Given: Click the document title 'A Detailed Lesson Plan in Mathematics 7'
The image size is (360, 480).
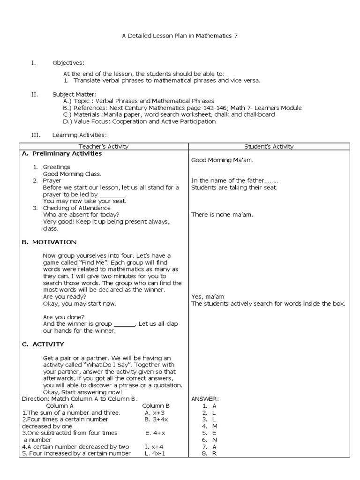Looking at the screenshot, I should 180,36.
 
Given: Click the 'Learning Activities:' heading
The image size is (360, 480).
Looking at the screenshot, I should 76,135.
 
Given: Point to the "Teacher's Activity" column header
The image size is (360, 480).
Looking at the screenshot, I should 104,147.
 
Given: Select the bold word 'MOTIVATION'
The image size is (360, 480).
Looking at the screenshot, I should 54,242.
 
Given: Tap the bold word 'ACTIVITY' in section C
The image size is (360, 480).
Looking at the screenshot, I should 48,344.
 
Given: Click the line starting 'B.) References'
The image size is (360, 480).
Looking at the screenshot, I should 182,108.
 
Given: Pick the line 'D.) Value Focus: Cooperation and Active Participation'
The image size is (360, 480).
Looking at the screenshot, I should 139,121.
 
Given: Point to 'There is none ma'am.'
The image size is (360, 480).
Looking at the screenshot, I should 222,215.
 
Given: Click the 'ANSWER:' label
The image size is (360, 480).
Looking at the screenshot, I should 205,399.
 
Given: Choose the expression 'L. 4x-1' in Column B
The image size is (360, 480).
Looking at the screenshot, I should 155,453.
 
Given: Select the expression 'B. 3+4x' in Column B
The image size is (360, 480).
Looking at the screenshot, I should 156,419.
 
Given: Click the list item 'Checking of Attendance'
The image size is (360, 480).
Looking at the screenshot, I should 77,208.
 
